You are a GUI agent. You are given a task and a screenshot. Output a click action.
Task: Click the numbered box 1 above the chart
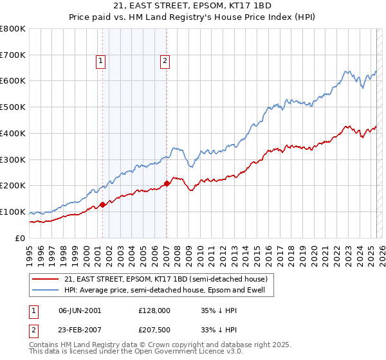coord(101,61)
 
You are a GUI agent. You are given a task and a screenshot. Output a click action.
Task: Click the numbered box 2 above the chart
coord(165,61)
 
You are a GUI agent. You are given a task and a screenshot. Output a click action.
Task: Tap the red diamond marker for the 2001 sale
coord(102,204)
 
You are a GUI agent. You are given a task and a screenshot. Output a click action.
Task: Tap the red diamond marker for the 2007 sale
coord(167,183)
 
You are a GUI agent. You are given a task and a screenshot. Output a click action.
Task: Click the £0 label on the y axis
coord(21,238)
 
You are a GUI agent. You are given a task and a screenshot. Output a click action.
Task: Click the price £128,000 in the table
coord(154,310)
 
